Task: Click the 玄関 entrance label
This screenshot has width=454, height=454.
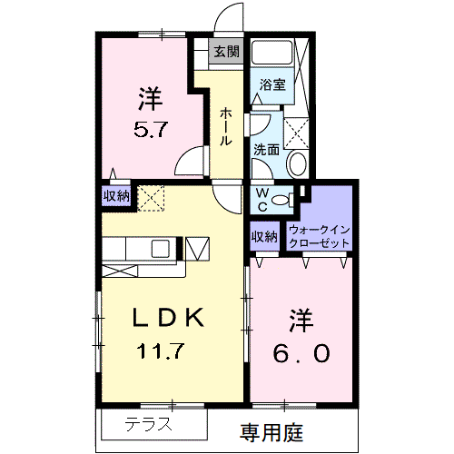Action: tap(226, 52)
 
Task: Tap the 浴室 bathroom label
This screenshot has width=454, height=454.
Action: tap(272, 84)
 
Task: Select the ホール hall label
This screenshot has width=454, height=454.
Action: tap(225, 126)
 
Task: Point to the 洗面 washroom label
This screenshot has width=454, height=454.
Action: tap(266, 150)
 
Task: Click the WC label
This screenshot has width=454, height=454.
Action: tap(262, 199)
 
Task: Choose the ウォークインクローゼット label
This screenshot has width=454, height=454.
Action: tap(320, 236)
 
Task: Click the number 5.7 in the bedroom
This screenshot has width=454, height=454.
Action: tap(151, 130)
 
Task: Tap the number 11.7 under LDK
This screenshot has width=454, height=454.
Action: tap(161, 351)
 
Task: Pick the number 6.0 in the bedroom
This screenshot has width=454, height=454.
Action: tap(301, 353)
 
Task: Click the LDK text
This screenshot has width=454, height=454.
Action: tap(168, 317)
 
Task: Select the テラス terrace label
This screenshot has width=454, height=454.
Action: tap(148, 424)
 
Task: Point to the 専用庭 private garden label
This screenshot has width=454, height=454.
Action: tap(271, 433)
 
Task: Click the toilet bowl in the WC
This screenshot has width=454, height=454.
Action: tap(281, 200)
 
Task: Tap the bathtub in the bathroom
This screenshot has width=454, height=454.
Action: tap(271, 52)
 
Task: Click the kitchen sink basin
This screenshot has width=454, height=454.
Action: tap(161, 249)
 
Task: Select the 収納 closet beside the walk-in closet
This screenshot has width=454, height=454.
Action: tap(265, 236)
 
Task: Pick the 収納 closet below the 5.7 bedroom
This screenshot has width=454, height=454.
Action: tap(116, 196)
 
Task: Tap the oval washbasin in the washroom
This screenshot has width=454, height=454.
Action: tap(297, 164)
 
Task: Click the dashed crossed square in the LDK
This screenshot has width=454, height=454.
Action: tap(151, 198)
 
